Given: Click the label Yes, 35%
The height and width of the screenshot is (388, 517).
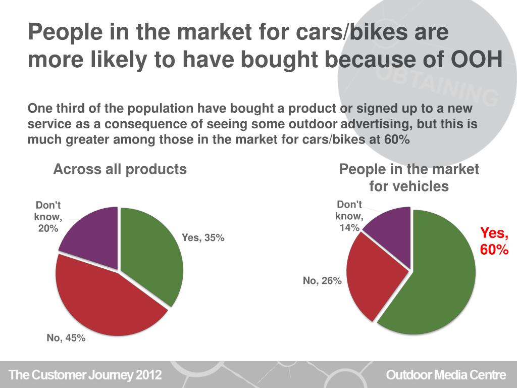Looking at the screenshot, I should tap(203, 237).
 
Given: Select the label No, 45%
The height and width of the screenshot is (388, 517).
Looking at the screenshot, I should tap(66, 338).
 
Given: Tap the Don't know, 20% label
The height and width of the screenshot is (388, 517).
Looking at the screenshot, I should tap(48, 217).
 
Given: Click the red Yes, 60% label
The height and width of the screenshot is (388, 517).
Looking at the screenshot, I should tap(494, 241).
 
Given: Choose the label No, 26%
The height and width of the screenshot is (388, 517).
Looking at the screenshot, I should tap(322, 281).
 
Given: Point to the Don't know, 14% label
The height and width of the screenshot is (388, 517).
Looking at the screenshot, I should tap(349, 216).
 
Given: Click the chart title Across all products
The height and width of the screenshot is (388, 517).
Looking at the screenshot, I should tap(120, 169).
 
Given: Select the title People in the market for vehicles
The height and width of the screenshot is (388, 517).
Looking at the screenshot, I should tap(409, 178).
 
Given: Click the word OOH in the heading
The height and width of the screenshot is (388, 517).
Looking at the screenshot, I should tap(476, 60).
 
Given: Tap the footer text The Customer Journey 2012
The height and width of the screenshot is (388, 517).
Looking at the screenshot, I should tap(86, 375).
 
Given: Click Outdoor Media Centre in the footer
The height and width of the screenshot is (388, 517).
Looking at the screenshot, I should tap(445, 375).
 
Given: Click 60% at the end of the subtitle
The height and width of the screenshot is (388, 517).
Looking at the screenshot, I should tap(397, 140).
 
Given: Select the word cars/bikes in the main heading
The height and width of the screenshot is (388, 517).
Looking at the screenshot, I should tap(344, 33).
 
